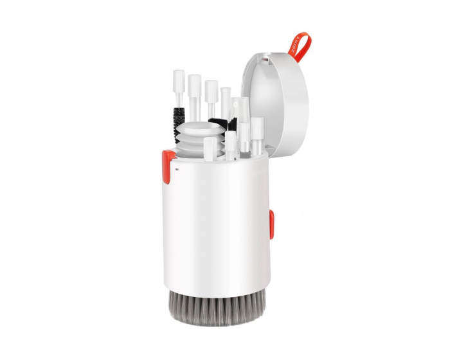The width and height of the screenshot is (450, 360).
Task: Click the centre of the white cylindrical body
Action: (215, 225)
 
